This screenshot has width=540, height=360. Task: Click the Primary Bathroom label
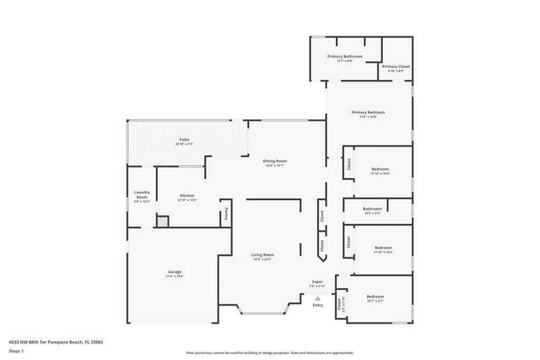click(344, 56)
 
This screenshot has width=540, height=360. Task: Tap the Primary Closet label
click(396, 66)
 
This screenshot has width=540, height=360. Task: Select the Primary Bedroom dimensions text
click(368, 117)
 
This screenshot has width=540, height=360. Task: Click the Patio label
click(184, 139)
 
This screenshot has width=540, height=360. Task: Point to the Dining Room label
click(275, 161)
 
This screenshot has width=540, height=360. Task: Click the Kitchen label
click(187, 196)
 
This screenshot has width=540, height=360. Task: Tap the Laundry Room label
click(142, 194)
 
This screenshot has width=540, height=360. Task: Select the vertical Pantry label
click(226, 213)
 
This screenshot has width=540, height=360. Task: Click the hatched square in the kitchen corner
click(162, 222)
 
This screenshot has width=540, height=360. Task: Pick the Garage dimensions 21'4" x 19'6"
click(175, 276)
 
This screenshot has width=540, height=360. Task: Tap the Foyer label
click(317, 282)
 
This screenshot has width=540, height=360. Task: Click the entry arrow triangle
click(317, 298)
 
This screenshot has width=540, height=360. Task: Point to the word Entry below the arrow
click(317, 305)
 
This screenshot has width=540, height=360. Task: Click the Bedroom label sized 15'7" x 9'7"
click(375, 297)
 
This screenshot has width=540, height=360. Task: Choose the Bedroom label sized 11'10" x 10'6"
click(380, 169)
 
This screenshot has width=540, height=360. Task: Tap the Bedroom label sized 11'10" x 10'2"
click(383, 248)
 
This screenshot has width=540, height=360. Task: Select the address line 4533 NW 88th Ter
click(56, 342)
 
